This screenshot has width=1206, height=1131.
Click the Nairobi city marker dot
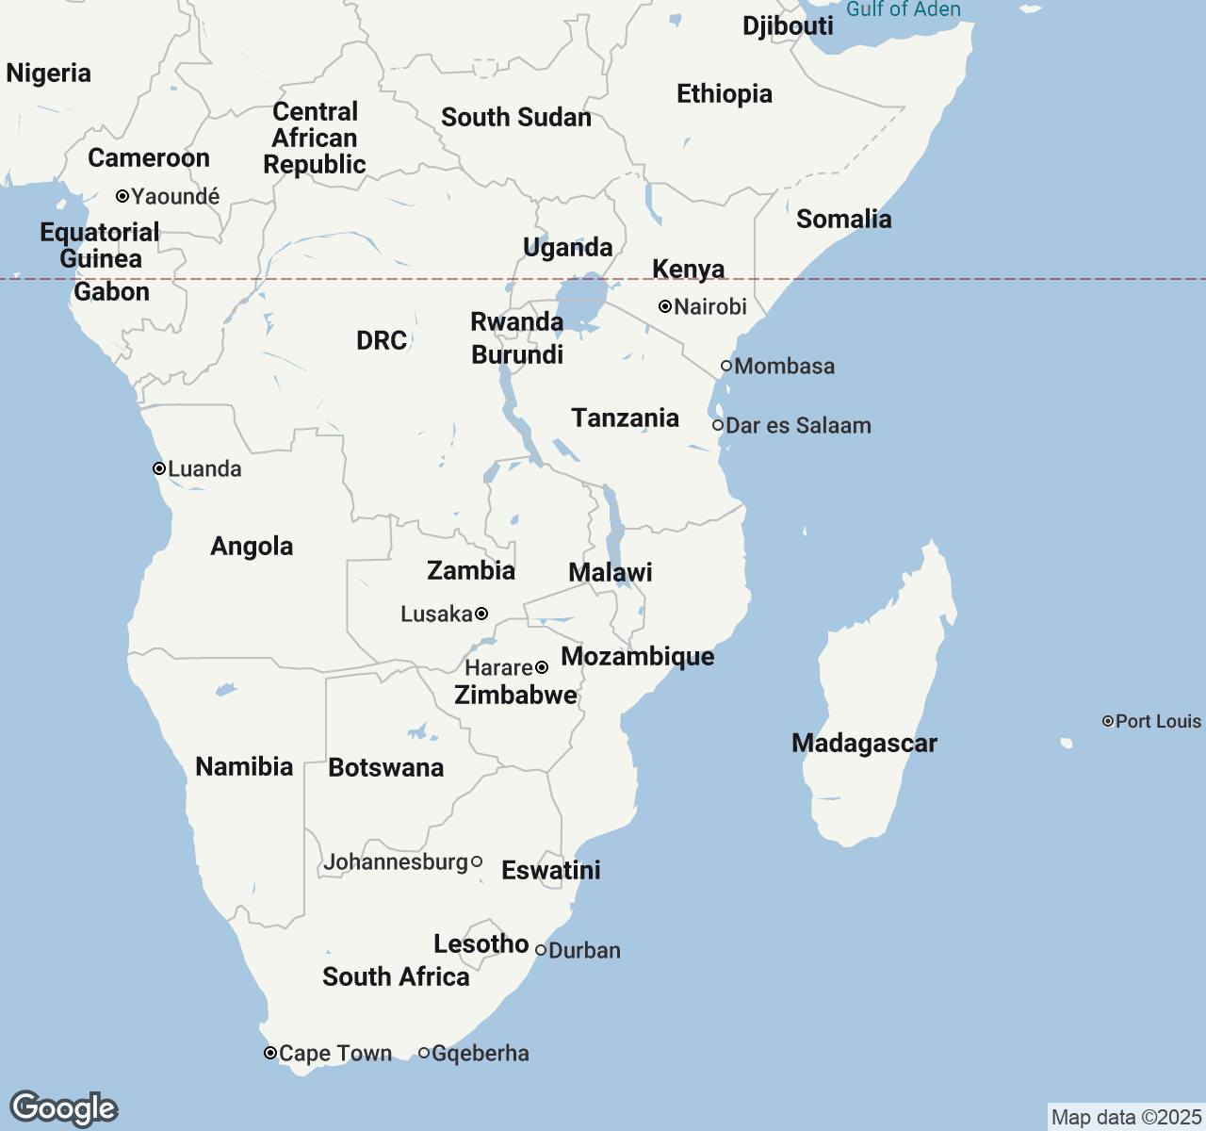[x=665, y=306]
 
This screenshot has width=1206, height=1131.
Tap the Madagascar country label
[x=864, y=744]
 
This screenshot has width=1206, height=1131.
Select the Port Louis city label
[x=1158, y=722]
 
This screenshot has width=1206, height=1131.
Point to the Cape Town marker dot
[x=270, y=1053]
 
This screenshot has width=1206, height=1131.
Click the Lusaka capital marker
[x=481, y=615]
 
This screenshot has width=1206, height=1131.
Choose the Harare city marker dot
[x=542, y=668]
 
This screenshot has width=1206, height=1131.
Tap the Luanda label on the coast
[x=204, y=469]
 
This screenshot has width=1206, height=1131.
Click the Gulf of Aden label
[x=904, y=9]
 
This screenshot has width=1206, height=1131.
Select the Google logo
[x=63, y=1108]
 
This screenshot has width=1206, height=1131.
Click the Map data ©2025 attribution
[x=1126, y=1118]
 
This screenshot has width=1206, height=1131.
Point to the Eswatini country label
[x=551, y=871]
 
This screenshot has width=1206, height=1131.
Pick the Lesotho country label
[x=481, y=944]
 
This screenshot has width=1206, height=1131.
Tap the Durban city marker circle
[x=541, y=950]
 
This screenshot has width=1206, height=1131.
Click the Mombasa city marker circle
[x=726, y=366]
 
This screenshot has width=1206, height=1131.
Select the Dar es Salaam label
[x=798, y=426]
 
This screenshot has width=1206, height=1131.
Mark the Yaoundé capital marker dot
[x=122, y=196]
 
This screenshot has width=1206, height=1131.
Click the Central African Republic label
[x=315, y=139]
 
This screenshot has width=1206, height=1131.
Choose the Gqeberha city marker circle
[x=424, y=1053]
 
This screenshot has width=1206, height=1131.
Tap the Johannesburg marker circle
[x=477, y=861]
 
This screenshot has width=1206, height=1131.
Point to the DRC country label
[x=382, y=341]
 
